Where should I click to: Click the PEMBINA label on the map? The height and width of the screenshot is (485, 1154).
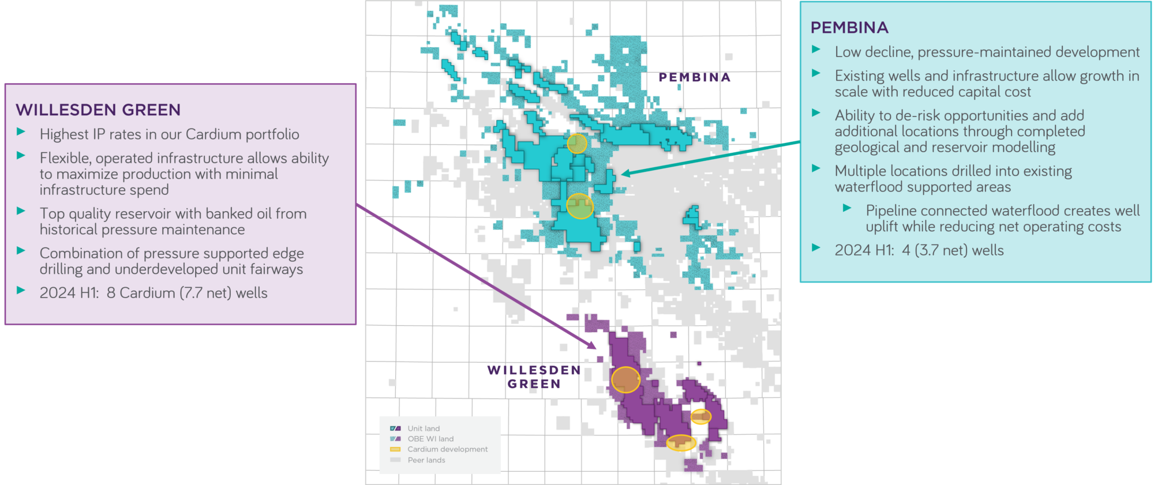[x=694, y=77]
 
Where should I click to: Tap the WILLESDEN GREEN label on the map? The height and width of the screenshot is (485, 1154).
[x=534, y=377]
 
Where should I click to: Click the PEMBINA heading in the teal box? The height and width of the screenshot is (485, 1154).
[x=849, y=28]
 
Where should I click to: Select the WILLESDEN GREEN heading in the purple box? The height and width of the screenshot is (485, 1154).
[x=98, y=110]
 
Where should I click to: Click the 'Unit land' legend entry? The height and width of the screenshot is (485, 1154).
[x=423, y=428]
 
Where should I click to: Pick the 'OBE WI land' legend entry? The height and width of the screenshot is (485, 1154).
[x=430, y=439]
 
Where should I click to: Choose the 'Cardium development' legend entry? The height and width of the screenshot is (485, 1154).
[x=447, y=449]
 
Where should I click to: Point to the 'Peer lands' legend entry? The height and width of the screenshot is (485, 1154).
[x=426, y=460]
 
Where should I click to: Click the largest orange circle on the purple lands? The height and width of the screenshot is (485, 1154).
[x=625, y=379]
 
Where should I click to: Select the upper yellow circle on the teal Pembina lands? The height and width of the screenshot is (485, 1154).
[x=576, y=144]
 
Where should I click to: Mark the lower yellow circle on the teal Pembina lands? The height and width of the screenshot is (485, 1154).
[x=579, y=206]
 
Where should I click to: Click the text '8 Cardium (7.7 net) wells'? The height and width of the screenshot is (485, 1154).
[x=187, y=293]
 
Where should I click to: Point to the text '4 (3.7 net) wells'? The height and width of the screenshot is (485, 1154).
[x=953, y=250]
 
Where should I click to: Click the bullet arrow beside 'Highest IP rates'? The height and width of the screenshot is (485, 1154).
[x=21, y=131]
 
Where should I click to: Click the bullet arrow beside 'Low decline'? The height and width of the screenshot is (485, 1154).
[x=816, y=50]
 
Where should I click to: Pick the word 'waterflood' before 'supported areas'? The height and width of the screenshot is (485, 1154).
[x=864, y=187]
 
